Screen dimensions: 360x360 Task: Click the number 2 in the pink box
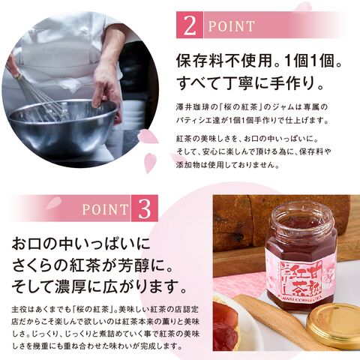pos(190,25)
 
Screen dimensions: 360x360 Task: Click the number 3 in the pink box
pos(144,208)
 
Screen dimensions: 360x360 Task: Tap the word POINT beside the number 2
pos(231,26)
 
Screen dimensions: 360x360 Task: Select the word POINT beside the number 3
pos(105,209)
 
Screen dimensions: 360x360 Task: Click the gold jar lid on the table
pos(334,325)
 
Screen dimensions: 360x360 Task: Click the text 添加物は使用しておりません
pos(227,165)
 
